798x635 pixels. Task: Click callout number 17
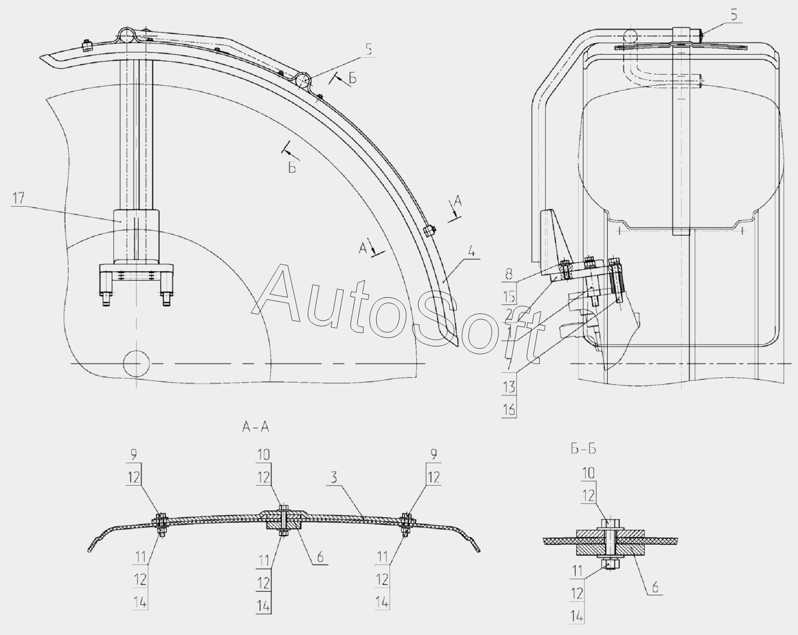18,199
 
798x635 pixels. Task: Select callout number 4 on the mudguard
471,252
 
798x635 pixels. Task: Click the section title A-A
255,427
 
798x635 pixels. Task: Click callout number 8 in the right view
509,274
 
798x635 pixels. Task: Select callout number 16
510,410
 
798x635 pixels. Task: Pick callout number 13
510,387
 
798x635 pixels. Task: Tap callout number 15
510,296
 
